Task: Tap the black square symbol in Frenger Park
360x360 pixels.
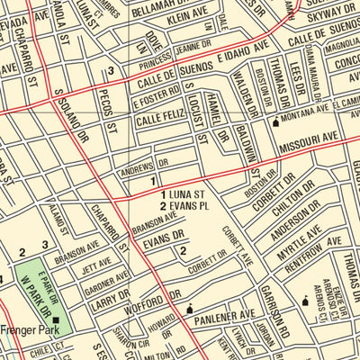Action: click(x=55, y=319)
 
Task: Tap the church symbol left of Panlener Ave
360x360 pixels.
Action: click(x=189, y=310)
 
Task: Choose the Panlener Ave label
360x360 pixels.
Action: click(x=226, y=315)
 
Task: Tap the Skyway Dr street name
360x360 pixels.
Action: click(x=332, y=17)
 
